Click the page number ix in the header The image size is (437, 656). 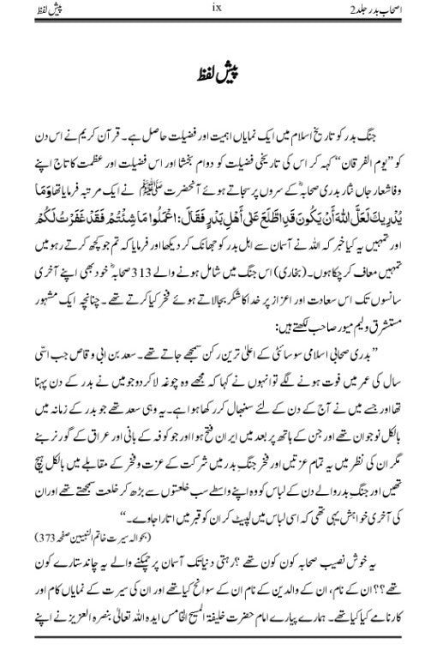(x=218, y=10)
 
